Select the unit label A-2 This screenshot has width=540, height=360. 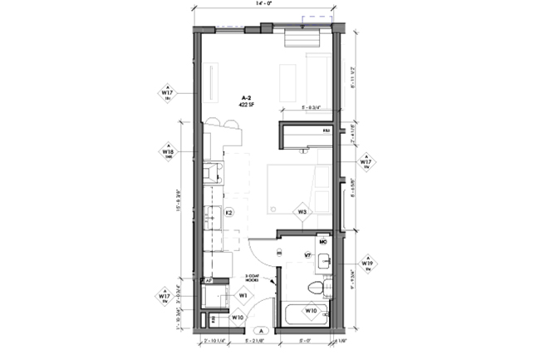[246, 97]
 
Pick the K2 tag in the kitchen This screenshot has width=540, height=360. [230, 212]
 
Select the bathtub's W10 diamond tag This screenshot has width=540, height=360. [312, 311]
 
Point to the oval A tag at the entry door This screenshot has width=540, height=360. [260, 330]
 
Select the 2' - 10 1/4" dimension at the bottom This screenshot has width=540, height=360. [216, 340]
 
